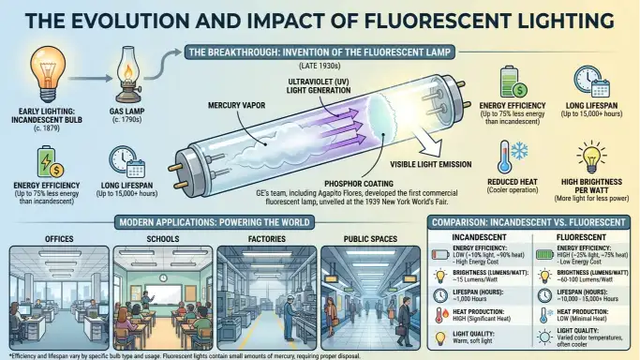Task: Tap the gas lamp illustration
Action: (126, 74)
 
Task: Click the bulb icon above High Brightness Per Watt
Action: (591, 156)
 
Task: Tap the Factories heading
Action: (261, 240)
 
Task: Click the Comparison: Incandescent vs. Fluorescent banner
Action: (528, 223)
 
